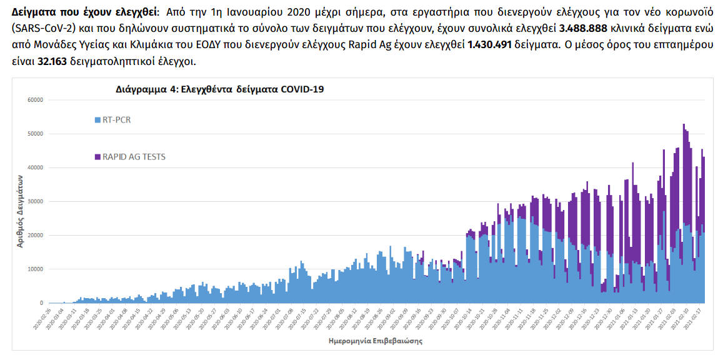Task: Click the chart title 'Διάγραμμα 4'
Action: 219,89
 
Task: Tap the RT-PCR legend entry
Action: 112,119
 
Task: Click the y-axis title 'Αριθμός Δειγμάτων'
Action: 20,211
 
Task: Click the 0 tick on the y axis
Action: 41,303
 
